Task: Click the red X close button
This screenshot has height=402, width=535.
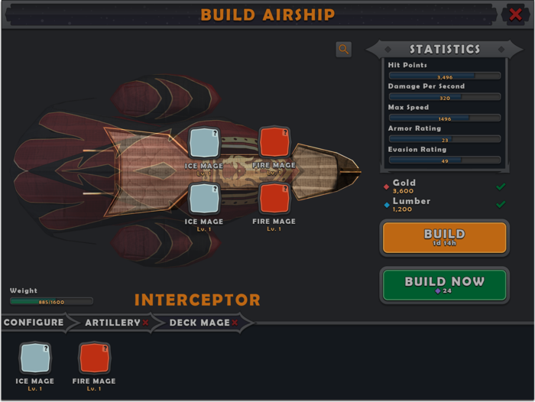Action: (x=516, y=15)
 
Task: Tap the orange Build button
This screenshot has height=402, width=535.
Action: (x=443, y=238)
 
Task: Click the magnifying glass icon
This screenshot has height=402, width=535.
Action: (x=344, y=49)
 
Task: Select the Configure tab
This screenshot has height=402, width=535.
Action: (x=34, y=323)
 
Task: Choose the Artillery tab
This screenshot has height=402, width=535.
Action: (x=113, y=323)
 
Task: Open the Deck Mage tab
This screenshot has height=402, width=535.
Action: (x=200, y=323)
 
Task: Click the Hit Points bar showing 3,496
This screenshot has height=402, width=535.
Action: (x=444, y=76)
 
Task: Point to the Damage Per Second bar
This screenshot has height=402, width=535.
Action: (x=444, y=97)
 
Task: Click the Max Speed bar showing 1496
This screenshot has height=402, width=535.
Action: (x=444, y=118)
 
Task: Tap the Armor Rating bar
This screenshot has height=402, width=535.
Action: (x=444, y=139)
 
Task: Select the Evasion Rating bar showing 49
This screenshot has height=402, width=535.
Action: (x=444, y=160)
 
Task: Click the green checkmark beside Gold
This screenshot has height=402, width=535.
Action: (x=501, y=186)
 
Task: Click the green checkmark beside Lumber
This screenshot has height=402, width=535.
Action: (x=501, y=204)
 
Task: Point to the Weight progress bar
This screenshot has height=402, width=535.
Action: (x=51, y=301)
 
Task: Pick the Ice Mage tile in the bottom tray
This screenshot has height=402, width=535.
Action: (x=35, y=358)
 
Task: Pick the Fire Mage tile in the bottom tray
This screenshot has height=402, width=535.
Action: (x=94, y=358)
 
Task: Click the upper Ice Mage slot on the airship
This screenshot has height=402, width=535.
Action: (x=203, y=143)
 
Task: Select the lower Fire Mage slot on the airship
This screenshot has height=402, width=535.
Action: (x=274, y=198)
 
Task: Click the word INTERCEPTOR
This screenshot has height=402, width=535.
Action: (x=197, y=300)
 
